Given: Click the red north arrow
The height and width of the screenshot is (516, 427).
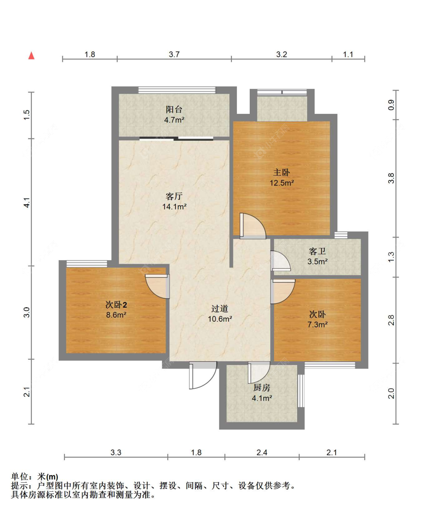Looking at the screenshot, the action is (32, 56).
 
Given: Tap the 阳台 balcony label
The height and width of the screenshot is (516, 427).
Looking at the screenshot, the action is (174, 109).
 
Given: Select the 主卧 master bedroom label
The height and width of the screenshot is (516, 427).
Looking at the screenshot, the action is (282, 173).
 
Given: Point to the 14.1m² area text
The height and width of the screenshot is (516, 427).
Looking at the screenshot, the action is (174, 206).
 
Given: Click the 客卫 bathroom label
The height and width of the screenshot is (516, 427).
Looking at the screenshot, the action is (317, 252).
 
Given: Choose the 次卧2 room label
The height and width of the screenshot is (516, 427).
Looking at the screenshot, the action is (116, 305).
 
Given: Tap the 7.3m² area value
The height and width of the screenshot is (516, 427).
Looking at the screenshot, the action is (317, 324).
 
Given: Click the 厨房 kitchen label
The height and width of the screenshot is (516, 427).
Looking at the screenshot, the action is (262, 388).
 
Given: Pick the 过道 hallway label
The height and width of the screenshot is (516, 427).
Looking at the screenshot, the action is (219, 309).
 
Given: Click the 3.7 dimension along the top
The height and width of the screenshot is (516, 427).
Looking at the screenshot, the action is (174, 54).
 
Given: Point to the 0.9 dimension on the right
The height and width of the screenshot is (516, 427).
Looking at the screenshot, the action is (391, 105).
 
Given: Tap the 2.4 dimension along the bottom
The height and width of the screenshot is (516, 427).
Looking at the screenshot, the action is (262, 453).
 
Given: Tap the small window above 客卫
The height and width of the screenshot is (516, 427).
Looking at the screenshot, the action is (341, 235).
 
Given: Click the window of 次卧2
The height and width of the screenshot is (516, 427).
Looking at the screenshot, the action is (87, 264).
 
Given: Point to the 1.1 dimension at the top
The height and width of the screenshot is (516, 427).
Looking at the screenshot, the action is (348, 54).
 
